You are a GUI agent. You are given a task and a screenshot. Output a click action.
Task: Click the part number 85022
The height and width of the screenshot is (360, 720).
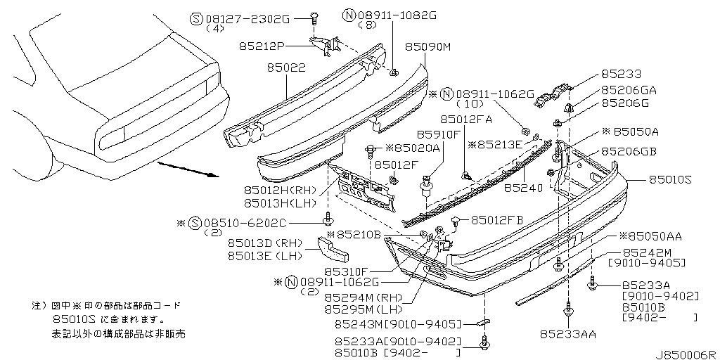pos(286,68)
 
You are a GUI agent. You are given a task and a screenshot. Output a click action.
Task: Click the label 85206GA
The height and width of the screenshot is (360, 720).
pos(629,91)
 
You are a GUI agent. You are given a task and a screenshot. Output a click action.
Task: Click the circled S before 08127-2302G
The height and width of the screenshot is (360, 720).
pos(196,19)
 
